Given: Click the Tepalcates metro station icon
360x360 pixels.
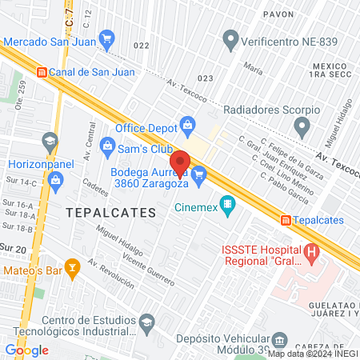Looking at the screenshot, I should pyautogui.click(x=286, y=220).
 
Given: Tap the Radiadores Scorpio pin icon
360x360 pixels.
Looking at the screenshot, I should pyautogui.click(x=302, y=126).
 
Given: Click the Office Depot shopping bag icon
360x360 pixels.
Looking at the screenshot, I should pyautogui.click(x=187, y=124).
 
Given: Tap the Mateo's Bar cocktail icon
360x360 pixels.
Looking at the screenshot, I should pyautogui.click(x=72, y=266).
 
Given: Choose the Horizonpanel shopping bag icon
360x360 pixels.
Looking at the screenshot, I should pyautogui.click(x=55, y=178).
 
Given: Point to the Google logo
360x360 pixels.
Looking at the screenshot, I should pyautogui.click(x=26, y=350).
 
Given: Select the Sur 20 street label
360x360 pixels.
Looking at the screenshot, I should pyautogui.click(x=14, y=248).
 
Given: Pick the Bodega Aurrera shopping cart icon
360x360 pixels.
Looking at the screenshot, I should pyautogui.click(x=200, y=174).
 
